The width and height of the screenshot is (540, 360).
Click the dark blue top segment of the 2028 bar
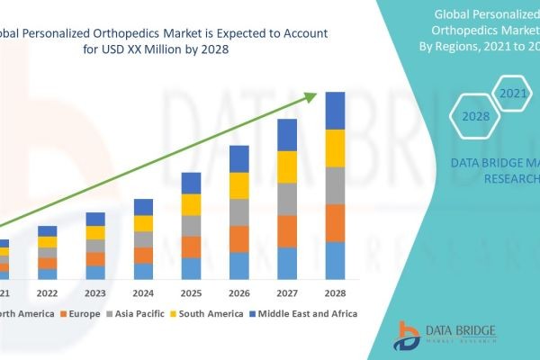tap(335, 111)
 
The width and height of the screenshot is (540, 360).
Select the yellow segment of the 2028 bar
tap(335, 148)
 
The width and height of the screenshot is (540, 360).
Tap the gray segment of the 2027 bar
tap(287, 199)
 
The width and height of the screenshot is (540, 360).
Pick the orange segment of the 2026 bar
tap(239, 238)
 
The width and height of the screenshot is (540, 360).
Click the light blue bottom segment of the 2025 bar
tap(192, 268)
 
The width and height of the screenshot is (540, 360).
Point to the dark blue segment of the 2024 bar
tap(144, 207)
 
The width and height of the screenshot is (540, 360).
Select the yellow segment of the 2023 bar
tap(95, 233)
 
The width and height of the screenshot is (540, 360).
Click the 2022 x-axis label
tap(48, 293)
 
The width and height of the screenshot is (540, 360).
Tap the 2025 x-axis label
tap(192, 293)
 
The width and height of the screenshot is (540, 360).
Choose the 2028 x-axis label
tap(335, 293)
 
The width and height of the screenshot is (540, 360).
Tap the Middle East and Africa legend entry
tap(305, 314)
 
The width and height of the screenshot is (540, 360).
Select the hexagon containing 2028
tap(475, 116)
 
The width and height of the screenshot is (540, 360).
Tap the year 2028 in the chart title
tap(212, 49)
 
